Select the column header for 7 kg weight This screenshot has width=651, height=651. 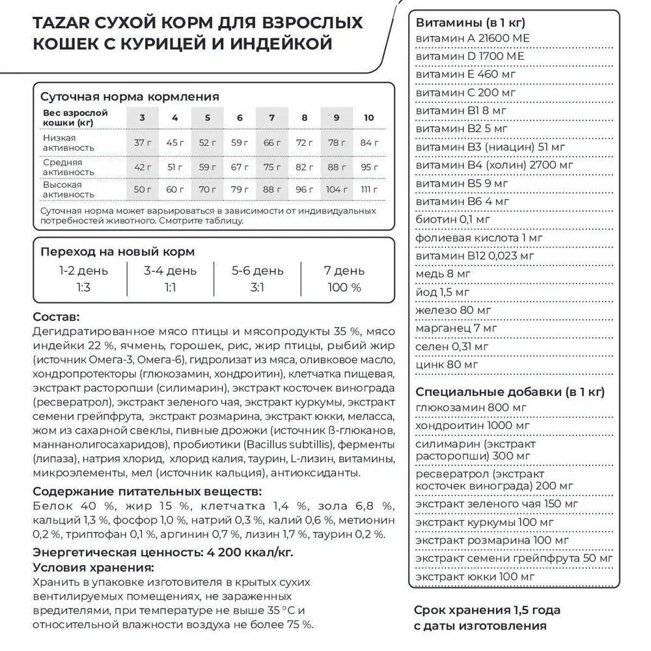point(271,118)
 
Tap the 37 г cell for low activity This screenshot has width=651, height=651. point(142,143)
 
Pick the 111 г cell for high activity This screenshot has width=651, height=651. point(369,189)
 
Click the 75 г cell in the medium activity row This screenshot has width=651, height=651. point(271,166)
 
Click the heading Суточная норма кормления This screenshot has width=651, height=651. point(130,97)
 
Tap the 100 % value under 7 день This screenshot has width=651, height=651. point(344,287)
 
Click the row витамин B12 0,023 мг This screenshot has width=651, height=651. point(475,256)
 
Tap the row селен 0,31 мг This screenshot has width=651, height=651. point(451,347)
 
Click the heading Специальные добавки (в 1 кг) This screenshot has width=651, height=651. point(510,392)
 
